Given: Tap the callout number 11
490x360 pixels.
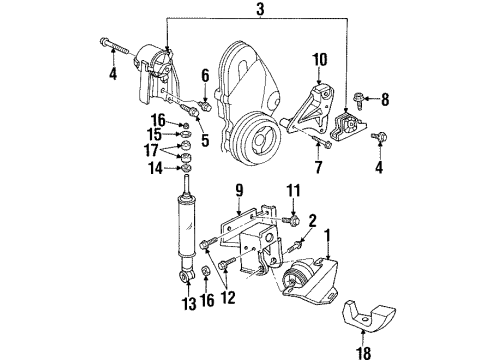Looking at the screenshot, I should coord(293,189).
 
